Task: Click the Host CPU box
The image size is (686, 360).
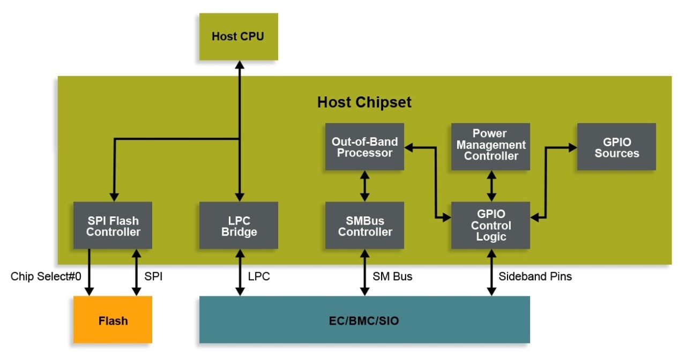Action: click(x=238, y=36)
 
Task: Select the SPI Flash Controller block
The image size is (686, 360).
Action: click(x=113, y=226)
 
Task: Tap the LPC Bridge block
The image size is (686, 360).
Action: click(x=238, y=226)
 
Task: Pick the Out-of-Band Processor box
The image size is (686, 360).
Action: click(x=364, y=147)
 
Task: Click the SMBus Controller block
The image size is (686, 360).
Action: click(x=364, y=226)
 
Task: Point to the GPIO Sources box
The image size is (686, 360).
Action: click(x=616, y=147)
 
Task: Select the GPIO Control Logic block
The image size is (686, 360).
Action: click(x=490, y=226)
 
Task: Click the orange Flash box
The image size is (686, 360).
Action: click(x=113, y=320)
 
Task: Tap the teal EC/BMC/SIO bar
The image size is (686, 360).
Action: click(x=364, y=320)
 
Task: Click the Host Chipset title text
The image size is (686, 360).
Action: click(x=364, y=102)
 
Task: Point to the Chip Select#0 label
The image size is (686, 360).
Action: click(x=46, y=276)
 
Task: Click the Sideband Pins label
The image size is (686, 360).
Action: click(x=535, y=276)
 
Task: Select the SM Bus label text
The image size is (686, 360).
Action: click(x=392, y=276)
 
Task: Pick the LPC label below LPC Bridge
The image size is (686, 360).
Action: click(x=259, y=276)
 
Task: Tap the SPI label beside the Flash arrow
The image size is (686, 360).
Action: click(x=153, y=276)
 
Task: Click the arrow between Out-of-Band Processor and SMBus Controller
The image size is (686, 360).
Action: click(x=364, y=186)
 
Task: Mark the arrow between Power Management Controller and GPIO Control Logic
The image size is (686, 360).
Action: click(x=490, y=186)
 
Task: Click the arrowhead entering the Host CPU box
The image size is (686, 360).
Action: click(x=239, y=65)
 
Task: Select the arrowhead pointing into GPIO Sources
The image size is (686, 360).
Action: click(x=572, y=147)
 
